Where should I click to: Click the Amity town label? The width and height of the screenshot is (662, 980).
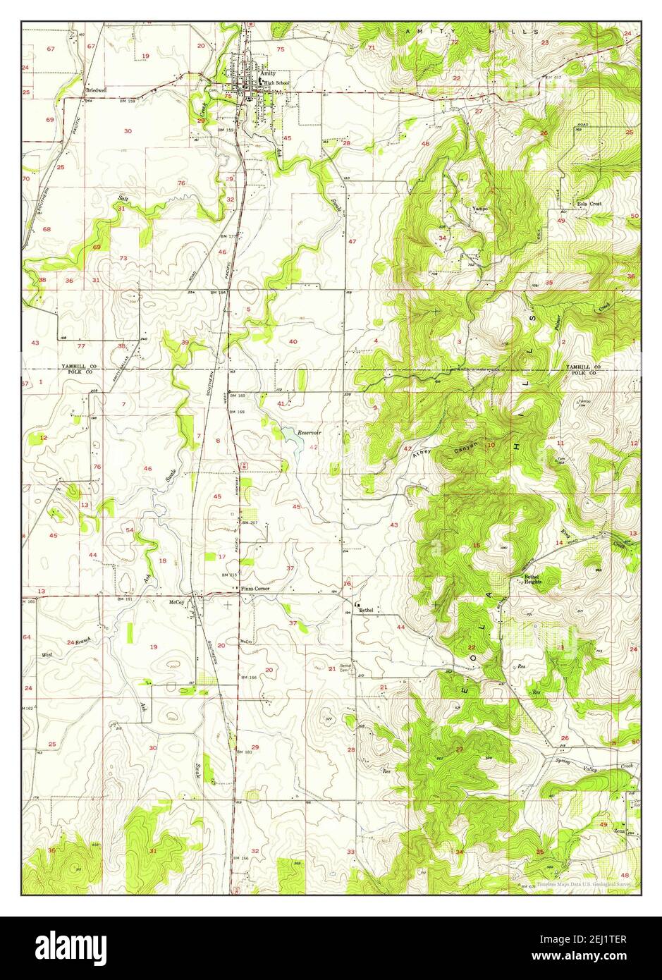click(x=267, y=73)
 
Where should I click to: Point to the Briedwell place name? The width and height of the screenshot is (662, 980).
click(x=96, y=90)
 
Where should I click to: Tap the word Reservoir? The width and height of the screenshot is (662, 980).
click(x=308, y=432)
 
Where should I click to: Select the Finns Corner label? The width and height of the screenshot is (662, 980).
click(x=255, y=588)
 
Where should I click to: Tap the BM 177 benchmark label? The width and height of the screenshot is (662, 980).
click(x=228, y=235)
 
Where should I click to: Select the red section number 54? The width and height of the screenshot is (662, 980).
click(x=130, y=529)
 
